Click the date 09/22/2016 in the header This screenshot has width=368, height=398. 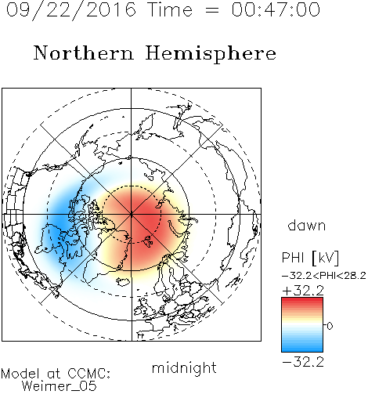coord(71,10)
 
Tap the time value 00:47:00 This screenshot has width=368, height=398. coord(276,9)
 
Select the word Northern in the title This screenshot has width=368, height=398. coord(84,52)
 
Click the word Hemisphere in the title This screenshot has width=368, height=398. coord(211,54)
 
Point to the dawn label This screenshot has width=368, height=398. coord(307,225)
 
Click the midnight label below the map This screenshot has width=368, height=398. coord(184,367)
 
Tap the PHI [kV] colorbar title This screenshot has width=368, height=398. coord(310,258)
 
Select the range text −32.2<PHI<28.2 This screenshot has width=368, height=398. coord(324,276)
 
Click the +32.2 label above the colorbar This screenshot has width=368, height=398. coord(303,291)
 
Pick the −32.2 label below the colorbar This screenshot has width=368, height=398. coord(303,362)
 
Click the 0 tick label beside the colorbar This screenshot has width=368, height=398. coord(330,326)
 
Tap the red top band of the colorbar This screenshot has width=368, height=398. coord(302,302)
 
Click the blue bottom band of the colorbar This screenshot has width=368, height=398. coord(302,347)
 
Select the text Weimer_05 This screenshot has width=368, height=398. coord(60,386)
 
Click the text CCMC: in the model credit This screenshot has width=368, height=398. coord(88,374)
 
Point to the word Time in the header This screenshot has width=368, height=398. coord(170,9)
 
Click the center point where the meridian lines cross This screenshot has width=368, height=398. coord(132,215)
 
